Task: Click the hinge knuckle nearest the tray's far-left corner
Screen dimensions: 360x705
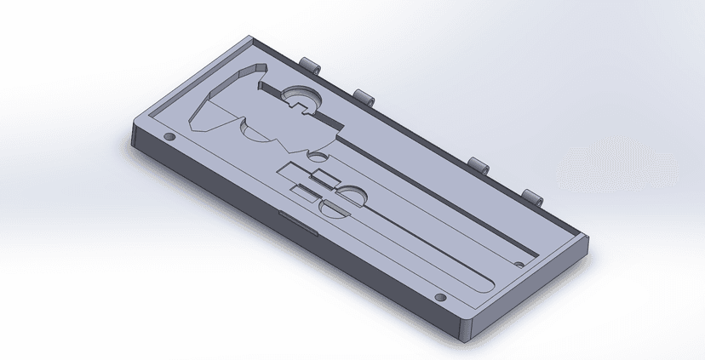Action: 310,65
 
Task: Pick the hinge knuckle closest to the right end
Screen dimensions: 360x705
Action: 533,197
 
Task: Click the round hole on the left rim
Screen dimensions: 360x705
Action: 168,136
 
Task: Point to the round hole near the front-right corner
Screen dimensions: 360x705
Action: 439,298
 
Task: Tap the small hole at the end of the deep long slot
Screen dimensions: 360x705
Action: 520,263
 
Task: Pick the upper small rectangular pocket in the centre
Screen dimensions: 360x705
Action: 324,178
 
